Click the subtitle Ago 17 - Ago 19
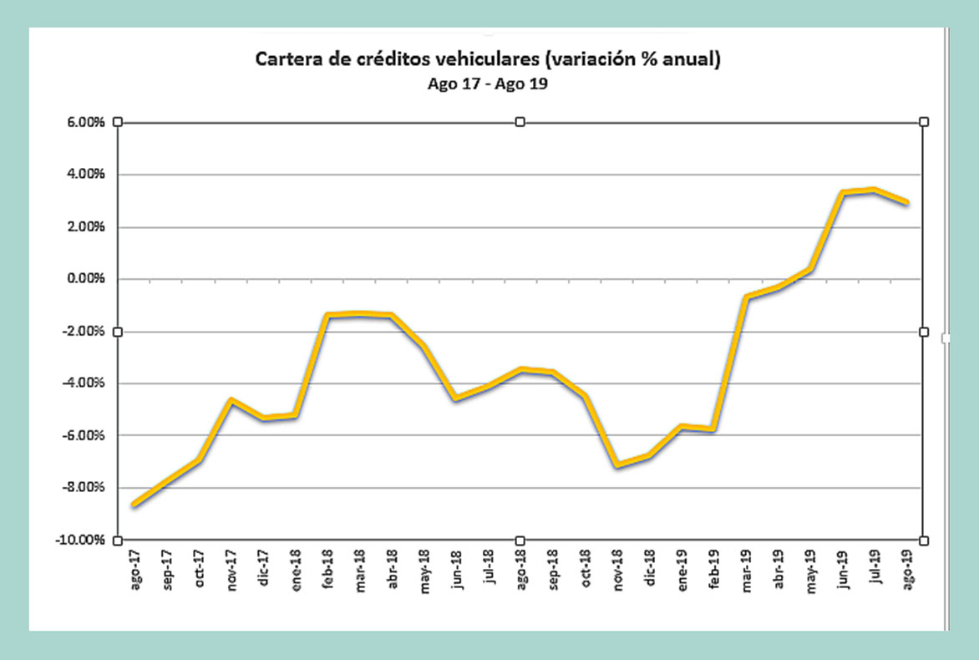point(488,85)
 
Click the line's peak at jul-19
point(874,190)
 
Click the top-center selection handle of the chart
point(520,122)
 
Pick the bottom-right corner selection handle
point(924,541)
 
